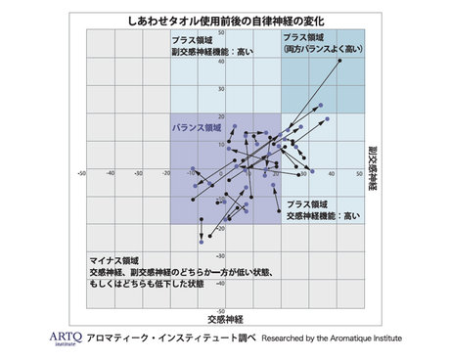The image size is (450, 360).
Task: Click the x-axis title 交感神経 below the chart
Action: tap(226, 319)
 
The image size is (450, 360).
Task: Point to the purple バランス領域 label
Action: tap(196, 128)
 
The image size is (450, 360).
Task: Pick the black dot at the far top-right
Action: tap(339, 61)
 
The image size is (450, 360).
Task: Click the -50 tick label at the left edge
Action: tap(81, 174)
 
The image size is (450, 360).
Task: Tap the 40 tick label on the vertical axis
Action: tap(222, 61)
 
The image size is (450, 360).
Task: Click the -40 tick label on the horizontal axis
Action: tap(111, 174)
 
